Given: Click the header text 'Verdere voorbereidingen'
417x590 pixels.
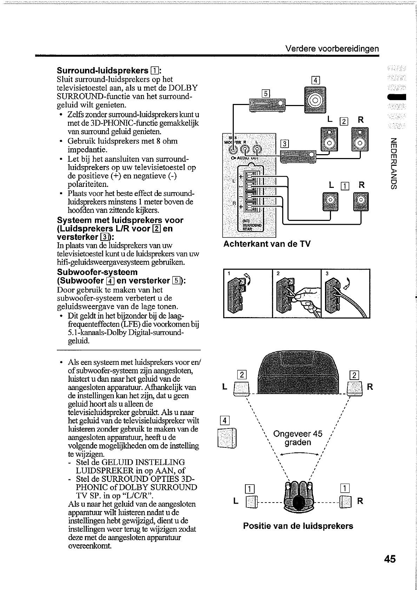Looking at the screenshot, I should click(332, 48).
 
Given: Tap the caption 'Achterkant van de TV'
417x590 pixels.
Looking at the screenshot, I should click(267, 244).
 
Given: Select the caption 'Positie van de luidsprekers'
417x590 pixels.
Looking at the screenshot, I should click(298, 526).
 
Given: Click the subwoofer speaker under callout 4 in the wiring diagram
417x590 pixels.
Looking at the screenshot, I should click(315, 100).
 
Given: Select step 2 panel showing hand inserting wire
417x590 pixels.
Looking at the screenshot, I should click(297, 293).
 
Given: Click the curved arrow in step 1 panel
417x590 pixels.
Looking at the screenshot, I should click(248, 279).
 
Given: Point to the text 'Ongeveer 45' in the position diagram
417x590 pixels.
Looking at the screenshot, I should click(298, 433).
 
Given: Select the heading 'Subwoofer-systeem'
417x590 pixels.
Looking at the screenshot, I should click(97, 272).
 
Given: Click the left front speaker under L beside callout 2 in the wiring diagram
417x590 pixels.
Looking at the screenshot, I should click(329, 139).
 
